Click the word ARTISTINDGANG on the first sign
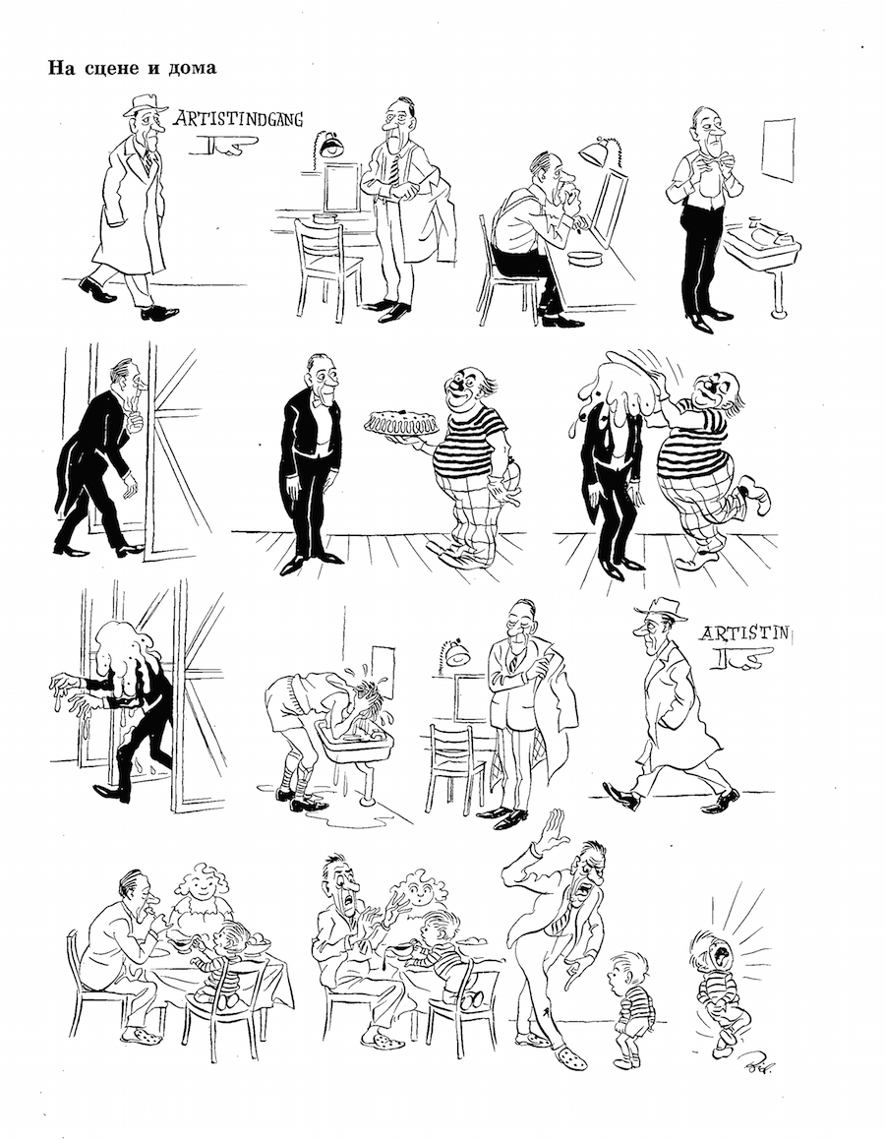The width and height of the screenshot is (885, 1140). tap(238, 118)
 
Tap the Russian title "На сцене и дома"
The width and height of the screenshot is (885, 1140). tap(132, 68)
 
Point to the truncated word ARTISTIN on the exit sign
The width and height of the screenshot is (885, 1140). tap(743, 633)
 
